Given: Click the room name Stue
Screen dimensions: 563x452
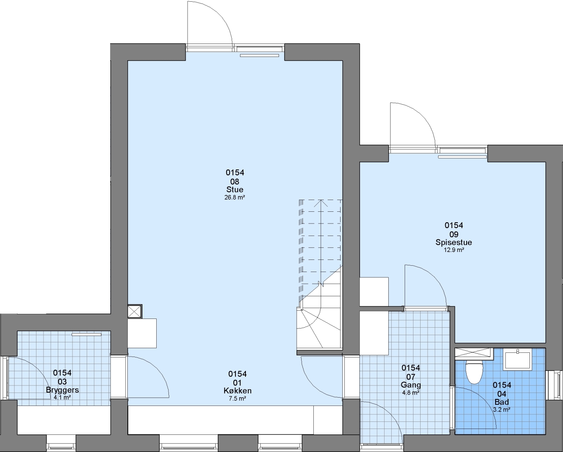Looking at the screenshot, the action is (x=235, y=190).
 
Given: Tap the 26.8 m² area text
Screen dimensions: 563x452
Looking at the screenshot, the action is (x=235, y=198).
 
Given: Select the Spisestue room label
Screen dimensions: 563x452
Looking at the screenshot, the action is (x=454, y=242).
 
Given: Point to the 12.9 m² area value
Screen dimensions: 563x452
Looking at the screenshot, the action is (x=454, y=250).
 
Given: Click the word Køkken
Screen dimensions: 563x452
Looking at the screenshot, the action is (x=238, y=390).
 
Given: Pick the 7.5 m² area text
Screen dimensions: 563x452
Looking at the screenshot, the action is (x=238, y=398).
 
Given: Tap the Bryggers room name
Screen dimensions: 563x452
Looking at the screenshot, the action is (x=62, y=390).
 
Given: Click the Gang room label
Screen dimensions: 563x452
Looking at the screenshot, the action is (x=411, y=385).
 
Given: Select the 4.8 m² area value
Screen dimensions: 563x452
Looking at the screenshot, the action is (x=411, y=393).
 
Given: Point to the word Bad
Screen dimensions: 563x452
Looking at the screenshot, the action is (x=502, y=402).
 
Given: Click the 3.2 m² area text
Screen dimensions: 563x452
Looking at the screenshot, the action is (x=502, y=410).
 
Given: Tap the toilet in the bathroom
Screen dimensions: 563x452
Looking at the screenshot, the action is (x=474, y=372).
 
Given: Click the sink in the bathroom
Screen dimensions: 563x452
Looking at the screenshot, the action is (x=518, y=360).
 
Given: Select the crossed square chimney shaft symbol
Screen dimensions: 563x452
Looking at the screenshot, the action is (x=135, y=311).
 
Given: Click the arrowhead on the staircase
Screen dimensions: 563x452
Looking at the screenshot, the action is (x=321, y=203).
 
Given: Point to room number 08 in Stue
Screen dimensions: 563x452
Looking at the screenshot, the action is (x=235, y=181).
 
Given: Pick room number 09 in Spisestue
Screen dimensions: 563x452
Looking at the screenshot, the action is (x=454, y=234).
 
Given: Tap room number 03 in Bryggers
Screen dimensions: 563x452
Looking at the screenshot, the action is (x=62, y=381).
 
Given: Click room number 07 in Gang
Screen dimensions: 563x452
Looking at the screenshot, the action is (x=411, y=377).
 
